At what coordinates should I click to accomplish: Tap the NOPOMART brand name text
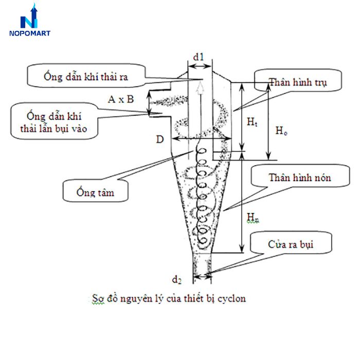pyautogui.click(x=29, y=33)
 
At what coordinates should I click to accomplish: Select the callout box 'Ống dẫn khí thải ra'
pyautogui.click(x=85, y=77)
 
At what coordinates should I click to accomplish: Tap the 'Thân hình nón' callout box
pyautogui.click(x=300, y=178)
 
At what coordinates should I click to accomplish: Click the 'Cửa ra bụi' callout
pyautogui.click(x=291, y=244)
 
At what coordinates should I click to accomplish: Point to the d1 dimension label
pyautogui.click(x=200, y=57)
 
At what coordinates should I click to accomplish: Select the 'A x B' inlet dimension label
pyautogui.click(x=121, y=99)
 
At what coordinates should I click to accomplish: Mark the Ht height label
pyautogui.click(x=251, y=122)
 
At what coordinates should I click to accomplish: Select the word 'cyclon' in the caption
pyautogui.click(x=231, y=298)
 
